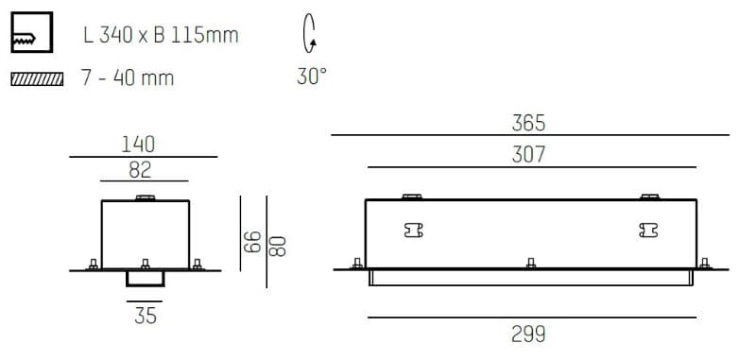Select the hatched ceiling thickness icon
(36, 78)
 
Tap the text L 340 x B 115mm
(161, 37)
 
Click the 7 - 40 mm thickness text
(128, 78)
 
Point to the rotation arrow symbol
(309, 36)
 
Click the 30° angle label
(311, 77)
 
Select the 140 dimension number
(138, 145)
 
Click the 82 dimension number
(141, 170)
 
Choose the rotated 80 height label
(276, 246)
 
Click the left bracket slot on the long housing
(413, 230)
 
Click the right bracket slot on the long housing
(647, 230)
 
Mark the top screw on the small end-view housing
(145, 197)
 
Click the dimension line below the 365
(530, 136)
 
